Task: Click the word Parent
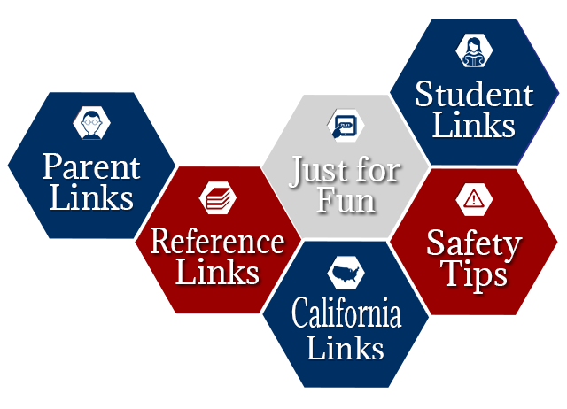point(91,167)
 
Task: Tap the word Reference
point(217,242)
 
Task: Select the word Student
point(474,95)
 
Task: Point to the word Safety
point(474,246)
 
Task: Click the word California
point(346,313)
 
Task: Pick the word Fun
point(346,201)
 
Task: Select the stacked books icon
point(218,198)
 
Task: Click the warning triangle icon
point(474,198)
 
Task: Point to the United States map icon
point(346,274)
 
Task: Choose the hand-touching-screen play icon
point(345,126)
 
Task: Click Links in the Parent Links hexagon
point(91,197)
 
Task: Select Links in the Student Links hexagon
point(474,124)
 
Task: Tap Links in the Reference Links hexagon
point(217,272)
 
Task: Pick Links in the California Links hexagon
point(346,347)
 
